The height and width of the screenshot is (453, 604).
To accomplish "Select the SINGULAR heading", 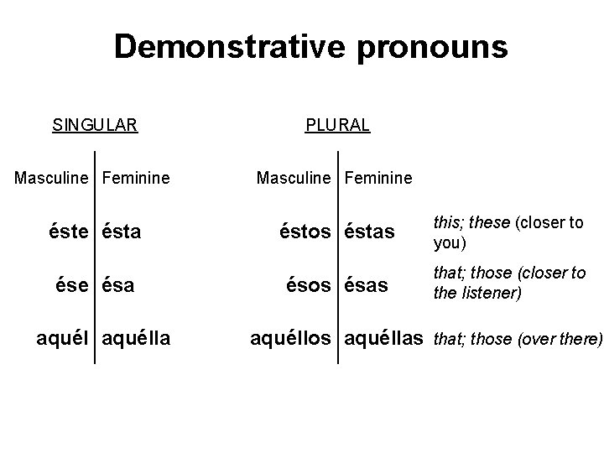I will click(x=95, y=126).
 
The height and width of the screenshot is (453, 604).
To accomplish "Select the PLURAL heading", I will click(x=337, y=126).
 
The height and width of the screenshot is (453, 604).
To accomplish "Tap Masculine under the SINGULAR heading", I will click(x=55, y=178).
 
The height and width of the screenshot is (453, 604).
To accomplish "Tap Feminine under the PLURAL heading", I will click(x=378, y=178).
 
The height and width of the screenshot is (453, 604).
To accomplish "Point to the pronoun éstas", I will click(x=369, y=231).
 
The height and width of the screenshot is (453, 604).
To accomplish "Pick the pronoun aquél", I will click(x=66, y=338).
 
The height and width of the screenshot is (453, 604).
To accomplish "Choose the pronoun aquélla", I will click(x=136, y=338).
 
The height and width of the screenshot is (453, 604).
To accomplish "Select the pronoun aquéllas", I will click(x=383, y=338).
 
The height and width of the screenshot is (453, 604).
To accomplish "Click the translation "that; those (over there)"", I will click(x=518, y=339).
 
